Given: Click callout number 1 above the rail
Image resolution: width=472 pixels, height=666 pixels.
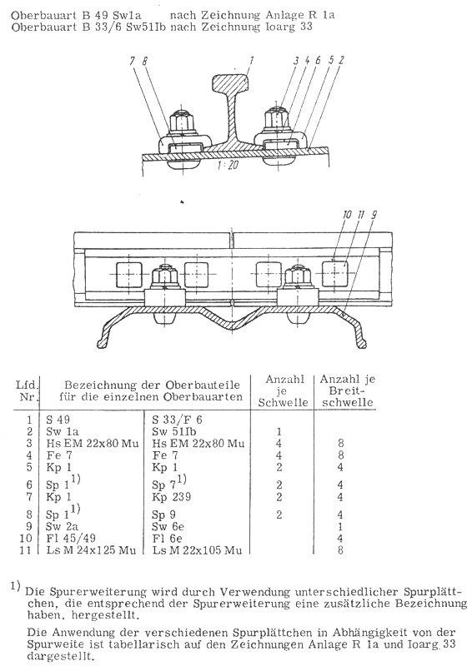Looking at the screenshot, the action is [x=251, y=60].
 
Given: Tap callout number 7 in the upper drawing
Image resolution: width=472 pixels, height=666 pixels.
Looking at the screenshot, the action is [x=133, y=62].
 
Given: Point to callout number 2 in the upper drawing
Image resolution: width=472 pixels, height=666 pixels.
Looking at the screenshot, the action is [x=341, y=60].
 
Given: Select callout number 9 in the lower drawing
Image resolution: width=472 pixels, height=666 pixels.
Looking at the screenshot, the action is [x=374, y=215].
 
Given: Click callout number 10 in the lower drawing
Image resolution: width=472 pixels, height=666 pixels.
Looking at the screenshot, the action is [x=347, y=215].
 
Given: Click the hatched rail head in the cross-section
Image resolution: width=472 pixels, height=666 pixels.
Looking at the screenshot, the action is [x=230, y=82].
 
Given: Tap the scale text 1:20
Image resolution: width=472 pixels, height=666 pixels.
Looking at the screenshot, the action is [x=228, y=165].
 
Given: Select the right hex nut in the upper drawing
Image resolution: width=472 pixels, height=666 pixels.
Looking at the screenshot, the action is [x=278, y=120].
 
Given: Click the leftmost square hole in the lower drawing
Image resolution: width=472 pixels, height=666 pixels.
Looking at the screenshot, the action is [x=128, y=275].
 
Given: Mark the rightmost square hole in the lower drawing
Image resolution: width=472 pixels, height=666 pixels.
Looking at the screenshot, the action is [x=335, y=274].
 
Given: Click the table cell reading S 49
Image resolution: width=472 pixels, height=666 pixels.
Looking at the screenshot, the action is [x=58, y=420].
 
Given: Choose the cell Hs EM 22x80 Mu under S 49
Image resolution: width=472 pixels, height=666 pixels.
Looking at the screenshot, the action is [x=93, y=444].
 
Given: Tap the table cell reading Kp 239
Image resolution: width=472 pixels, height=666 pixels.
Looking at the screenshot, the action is [x=172, y=496].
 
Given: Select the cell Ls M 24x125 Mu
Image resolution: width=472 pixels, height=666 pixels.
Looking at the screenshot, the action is [x=91, y=550].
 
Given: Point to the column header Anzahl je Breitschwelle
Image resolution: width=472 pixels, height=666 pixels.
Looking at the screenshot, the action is [x=347, y=390].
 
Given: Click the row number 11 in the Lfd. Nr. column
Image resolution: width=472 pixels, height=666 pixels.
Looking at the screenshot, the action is [x=27, y=550].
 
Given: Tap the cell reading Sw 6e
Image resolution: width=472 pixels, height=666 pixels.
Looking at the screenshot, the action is [x=168, y=526].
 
